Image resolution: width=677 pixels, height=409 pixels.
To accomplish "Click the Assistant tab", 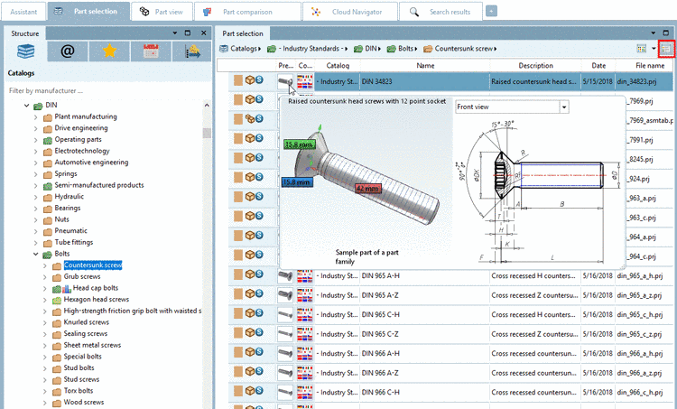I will [x=23, y=12].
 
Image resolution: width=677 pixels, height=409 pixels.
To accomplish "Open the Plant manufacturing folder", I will [x=85, y=116].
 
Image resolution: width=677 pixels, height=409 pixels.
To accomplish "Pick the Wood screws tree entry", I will [x=84, y=402].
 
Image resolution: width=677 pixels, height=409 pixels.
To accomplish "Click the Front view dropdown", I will [x=512, y=107].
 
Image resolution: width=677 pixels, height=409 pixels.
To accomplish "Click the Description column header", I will [x=535, y=66].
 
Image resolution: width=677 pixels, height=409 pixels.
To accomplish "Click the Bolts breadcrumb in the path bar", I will [x=406, y=48].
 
